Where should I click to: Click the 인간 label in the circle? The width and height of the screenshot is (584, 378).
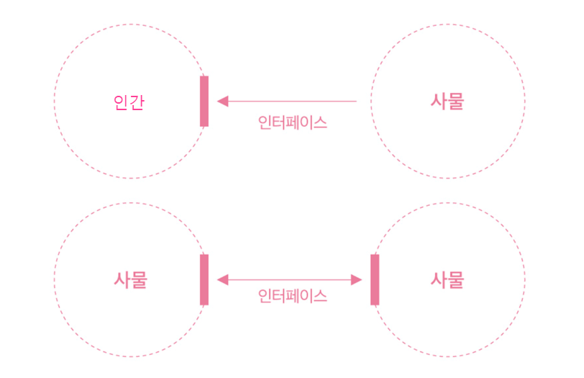point(129,102)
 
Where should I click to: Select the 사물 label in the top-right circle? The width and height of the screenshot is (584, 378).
point(447,101)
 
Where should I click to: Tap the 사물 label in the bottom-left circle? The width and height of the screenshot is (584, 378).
point(130,279)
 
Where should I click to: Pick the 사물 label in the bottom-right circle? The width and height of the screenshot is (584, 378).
point(447,279)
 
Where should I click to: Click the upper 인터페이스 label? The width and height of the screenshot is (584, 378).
point(293,122)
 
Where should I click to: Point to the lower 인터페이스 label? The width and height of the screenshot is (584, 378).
point(293,296)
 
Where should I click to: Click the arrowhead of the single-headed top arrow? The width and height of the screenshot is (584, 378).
point(223,101)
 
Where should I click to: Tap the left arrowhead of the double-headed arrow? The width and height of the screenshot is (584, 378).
point(223,279)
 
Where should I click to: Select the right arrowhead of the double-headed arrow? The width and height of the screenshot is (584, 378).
point(356,279)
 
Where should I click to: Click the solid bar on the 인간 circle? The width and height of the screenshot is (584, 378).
point(204,101)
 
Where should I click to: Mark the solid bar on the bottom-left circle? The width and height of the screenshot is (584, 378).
point(204,279)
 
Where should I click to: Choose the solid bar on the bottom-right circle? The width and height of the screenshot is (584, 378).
point(375,279)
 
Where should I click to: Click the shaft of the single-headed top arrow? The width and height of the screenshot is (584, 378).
point(293,101)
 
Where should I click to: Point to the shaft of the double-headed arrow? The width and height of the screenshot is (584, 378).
point(289,279)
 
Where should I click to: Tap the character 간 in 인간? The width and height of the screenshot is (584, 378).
point(137,102)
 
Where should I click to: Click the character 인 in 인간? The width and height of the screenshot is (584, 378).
point(121,102)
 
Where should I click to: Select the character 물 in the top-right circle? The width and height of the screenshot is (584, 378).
point(456,101)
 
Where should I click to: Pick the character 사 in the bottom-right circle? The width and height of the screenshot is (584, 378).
point(439,279)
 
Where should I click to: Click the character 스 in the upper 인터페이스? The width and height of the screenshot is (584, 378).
point(319,122)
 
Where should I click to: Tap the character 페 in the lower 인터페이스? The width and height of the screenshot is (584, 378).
point(293,296)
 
